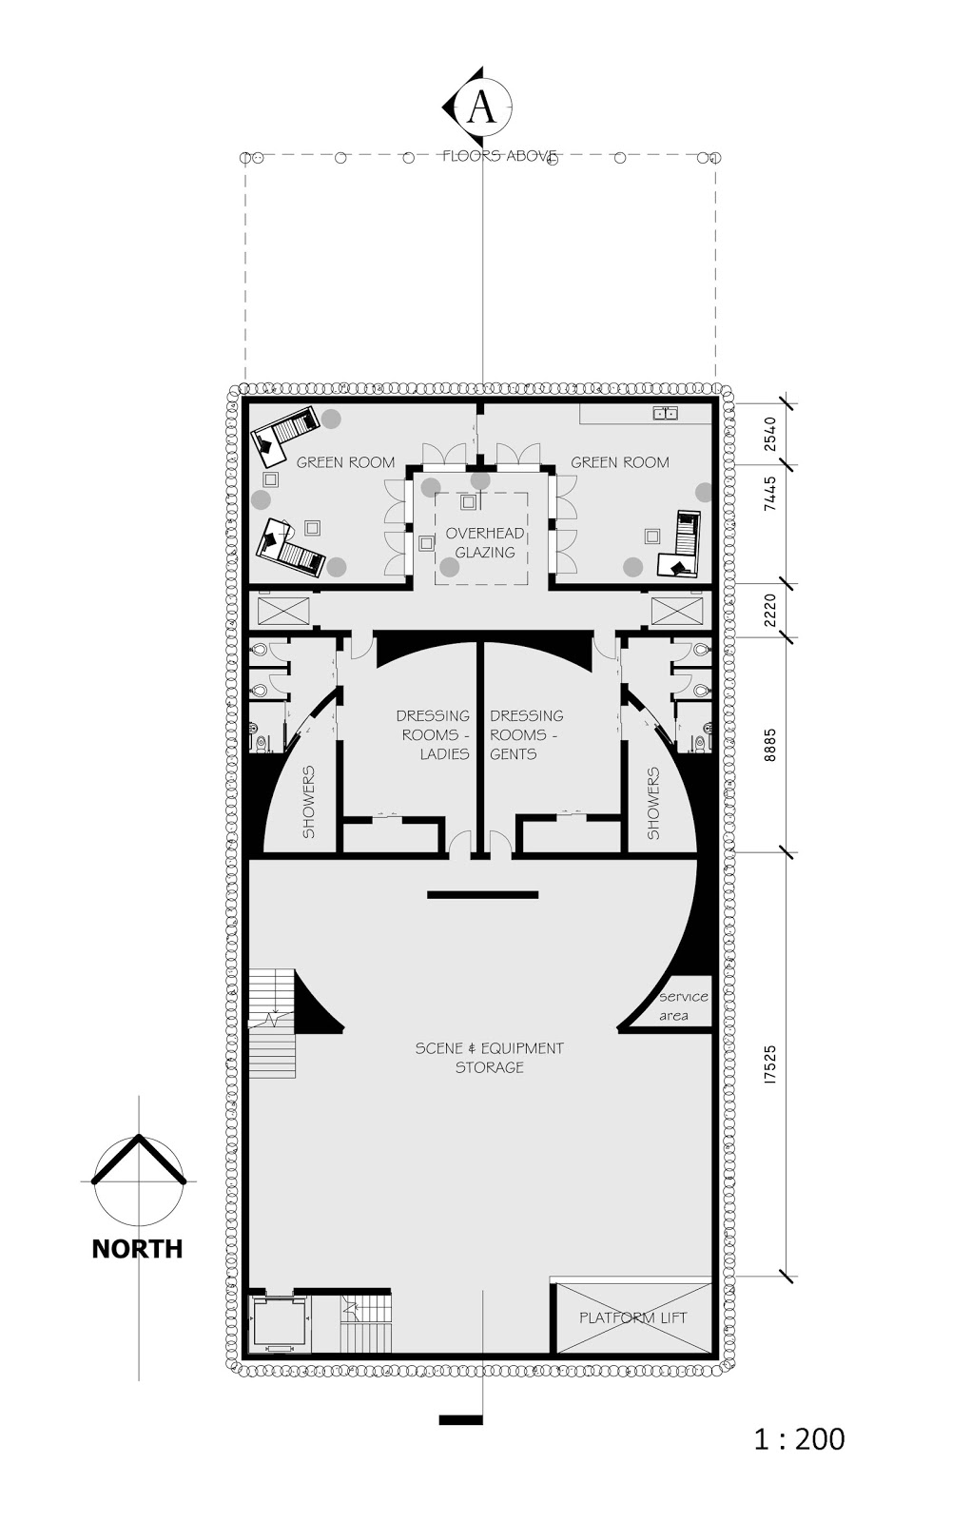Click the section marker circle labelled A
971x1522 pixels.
pyautogui.click(x=482, y=107)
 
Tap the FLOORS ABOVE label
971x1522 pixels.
pyautogui.click(x=499, y=156)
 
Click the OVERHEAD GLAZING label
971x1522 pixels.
pyautogui.click(x=485, y=543)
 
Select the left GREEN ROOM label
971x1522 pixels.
pyautogui.click(x=345, y=462)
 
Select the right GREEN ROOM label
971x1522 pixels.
pyautogui.click(x=620, y=462)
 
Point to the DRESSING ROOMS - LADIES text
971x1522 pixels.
pyautogui.click(x=434, y=734)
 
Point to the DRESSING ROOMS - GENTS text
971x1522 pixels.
pyautogui.click(x=526, y=734)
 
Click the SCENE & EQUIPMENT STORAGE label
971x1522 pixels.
pyautogui.click(x=489, y=1057)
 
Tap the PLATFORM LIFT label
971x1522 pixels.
pyautogui.click(x=632, y=1317)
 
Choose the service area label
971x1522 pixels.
pyautogui.click(x=683, y=1005)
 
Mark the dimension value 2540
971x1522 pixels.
pyautogui.click(x=770, y=434)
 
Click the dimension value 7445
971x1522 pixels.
pyautogui.click(x=770, y=495)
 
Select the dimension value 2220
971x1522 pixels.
pyautogui.click(x=770, y=610)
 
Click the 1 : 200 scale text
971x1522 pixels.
pyautogui.click(x=799, y=1439)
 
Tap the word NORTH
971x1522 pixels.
pyautogui.click(x=137, y=1249)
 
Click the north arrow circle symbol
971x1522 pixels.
pyautogui.click(x=139, y=1181)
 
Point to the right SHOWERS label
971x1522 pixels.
pyautogui.click(x=653, y=804)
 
